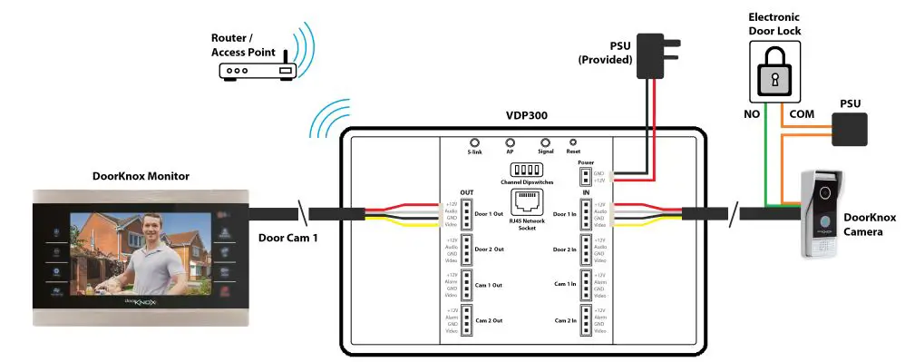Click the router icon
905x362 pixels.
(x=258, y=71)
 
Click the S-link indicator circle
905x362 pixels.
(x=474, y=143)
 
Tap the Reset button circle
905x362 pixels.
(x=572, y=142)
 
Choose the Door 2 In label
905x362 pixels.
(x=564, y=249)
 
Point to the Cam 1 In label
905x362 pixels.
(x=564, y=284)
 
